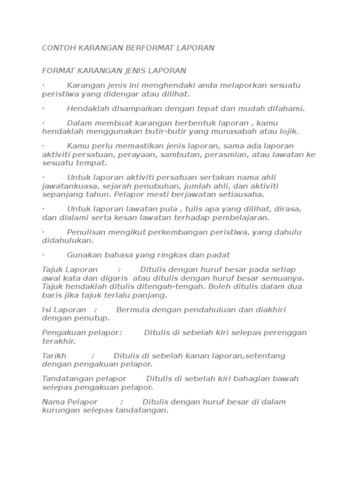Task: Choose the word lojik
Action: click(x=290, y=131)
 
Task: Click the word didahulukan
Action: click(x=67, y=240)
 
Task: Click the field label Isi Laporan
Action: click(x=64, y=310)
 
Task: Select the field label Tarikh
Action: click(x=54, y=356)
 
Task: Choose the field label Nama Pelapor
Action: click(x=70, y=402)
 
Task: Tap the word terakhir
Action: click(x=59, y=341)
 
